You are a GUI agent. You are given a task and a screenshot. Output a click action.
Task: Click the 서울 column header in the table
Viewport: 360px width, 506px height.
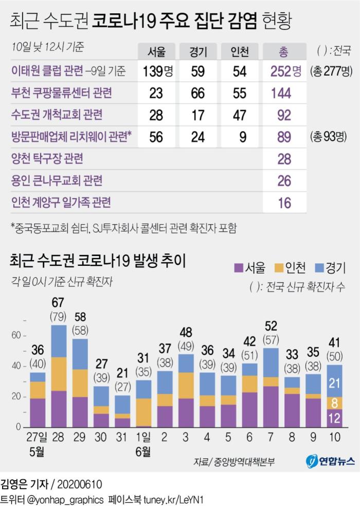(156, 51)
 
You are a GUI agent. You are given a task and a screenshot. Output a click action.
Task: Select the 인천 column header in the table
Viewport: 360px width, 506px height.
(240, 51)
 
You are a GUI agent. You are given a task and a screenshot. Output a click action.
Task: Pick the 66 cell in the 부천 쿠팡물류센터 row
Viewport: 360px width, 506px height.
(198, 93)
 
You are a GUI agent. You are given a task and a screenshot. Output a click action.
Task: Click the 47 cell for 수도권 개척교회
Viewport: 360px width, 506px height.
(240, 115)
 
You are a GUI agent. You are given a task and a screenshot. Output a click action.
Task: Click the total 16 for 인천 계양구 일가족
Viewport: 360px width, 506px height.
(284, 203)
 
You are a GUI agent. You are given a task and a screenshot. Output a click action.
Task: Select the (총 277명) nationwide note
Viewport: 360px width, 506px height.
(331, 71)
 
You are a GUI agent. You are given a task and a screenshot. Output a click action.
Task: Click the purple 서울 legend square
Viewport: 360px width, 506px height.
(238, 267)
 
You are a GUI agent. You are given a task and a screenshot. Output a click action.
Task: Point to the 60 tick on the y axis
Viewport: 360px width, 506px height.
(16, 335)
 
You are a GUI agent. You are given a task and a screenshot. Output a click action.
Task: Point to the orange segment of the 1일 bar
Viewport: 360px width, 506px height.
(144, 412)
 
